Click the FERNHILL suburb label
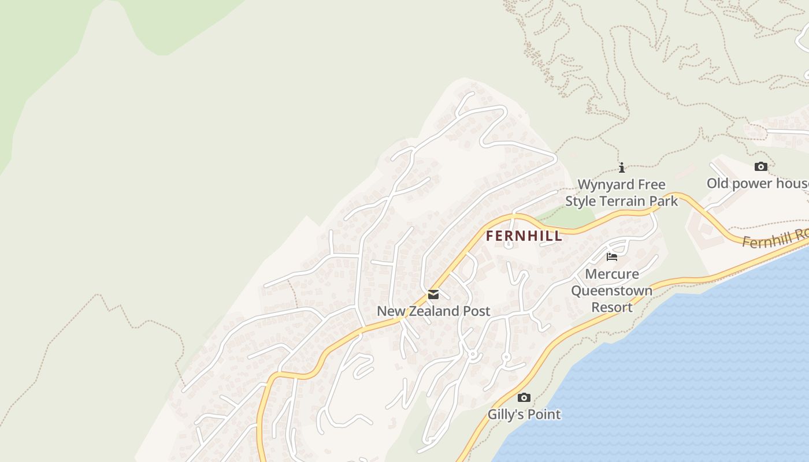pos(524,236)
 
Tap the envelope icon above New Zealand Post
pos(433,295)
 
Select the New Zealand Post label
pos(433,311)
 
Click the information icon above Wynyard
pos(622,167)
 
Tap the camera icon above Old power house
pos(761,167)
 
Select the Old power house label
pos(757,184)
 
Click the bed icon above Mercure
pos(612,256)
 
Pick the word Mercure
pos(612,274)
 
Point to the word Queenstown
pos(612,290)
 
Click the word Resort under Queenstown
pos(612,307)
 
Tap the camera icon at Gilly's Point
pos(524,397)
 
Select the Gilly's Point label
pos(524,414)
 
